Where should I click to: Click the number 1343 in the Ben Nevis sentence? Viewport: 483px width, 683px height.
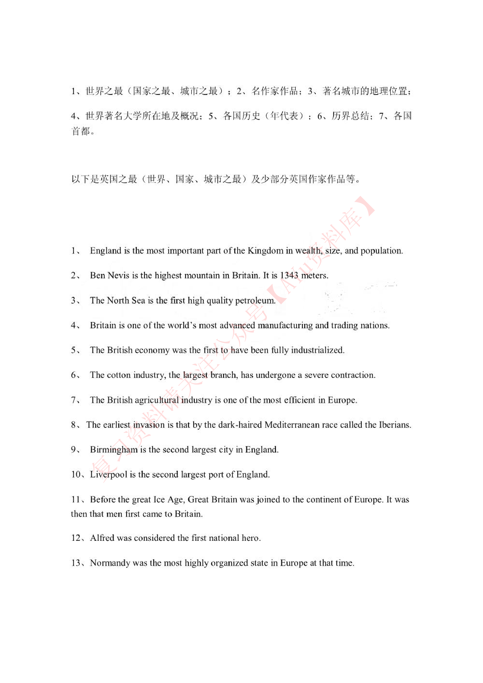(289, 275)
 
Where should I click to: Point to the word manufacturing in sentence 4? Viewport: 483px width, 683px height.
(285, 325)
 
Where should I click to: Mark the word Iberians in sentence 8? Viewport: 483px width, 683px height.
(394, 425)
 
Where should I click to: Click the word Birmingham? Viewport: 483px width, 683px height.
(114, 450)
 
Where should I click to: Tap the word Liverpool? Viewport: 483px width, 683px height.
(109, 474)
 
